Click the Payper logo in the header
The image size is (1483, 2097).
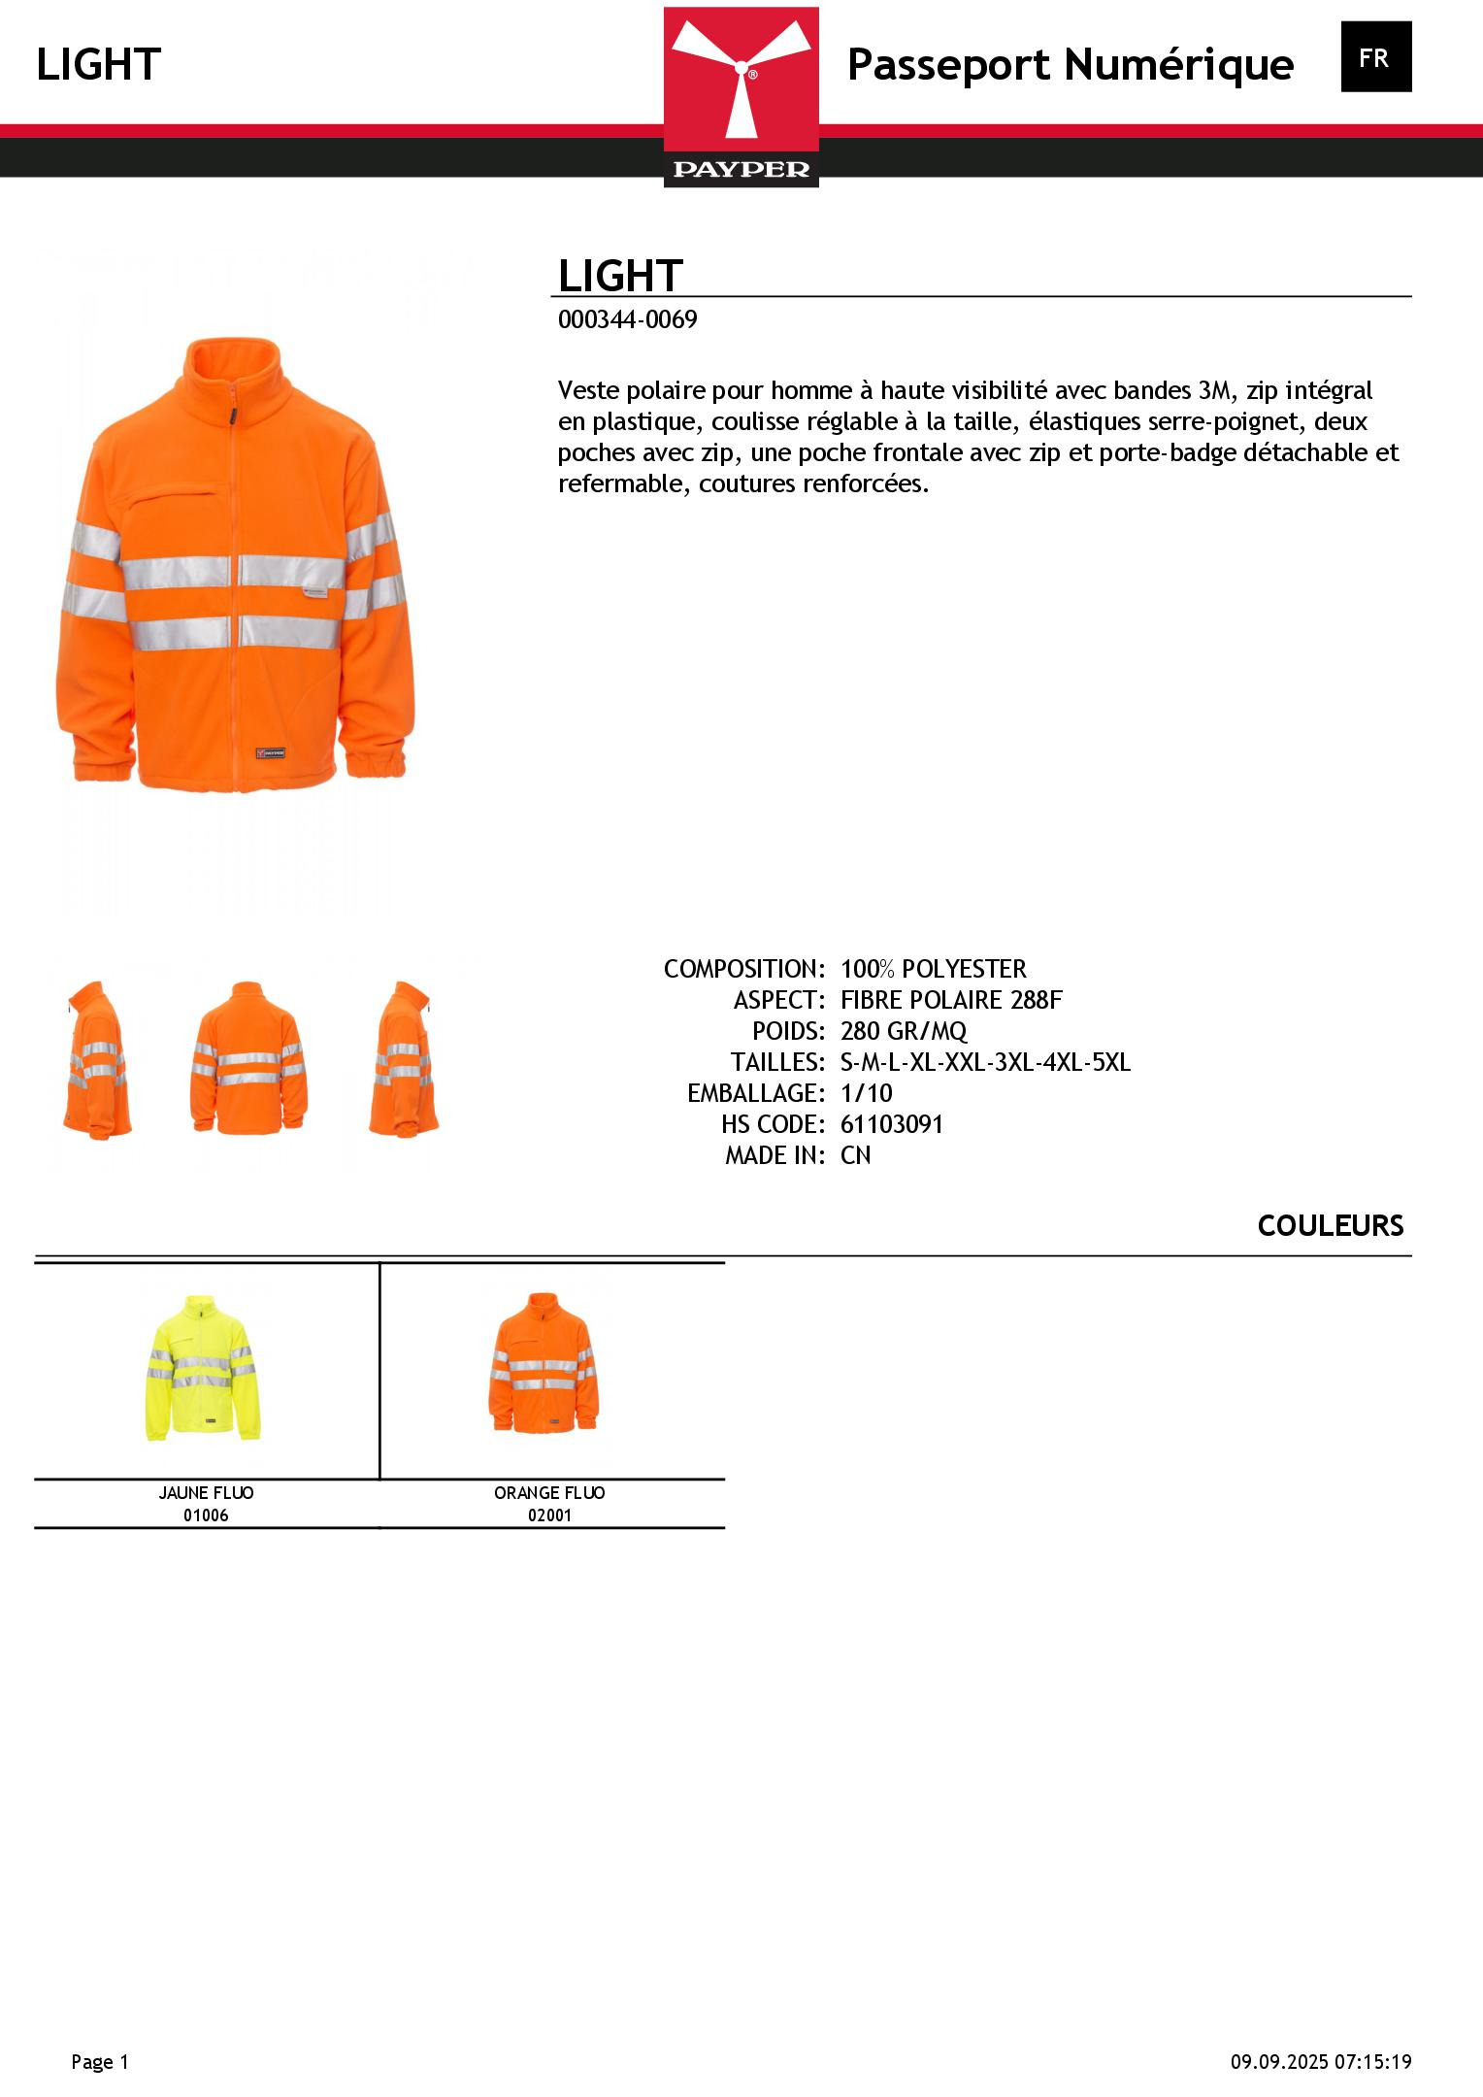click(741, 97)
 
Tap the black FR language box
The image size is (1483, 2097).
click(1375, 57)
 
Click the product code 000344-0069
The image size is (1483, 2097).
click(627, 320)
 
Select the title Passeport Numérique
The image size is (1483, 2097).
click(1070, 65)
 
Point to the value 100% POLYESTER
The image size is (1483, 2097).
click(933, 969)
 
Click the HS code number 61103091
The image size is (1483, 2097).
click(891, 1124)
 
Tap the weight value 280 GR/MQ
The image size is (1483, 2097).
click(904, 1031)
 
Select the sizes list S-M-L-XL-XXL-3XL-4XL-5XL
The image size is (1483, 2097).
click(985, 1062)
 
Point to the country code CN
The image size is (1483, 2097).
click(855, 1155)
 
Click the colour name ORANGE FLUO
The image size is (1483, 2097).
click(549, 1493)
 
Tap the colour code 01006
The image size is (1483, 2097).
click(206, 1515)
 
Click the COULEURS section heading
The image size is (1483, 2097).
click(1330, 1226)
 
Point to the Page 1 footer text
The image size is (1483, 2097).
click(100, 2062)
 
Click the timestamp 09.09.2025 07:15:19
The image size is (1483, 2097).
click(1321, 2062)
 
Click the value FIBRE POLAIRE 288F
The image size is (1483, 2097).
click(951, 1000)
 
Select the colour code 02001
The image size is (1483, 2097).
click(549, 1515)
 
